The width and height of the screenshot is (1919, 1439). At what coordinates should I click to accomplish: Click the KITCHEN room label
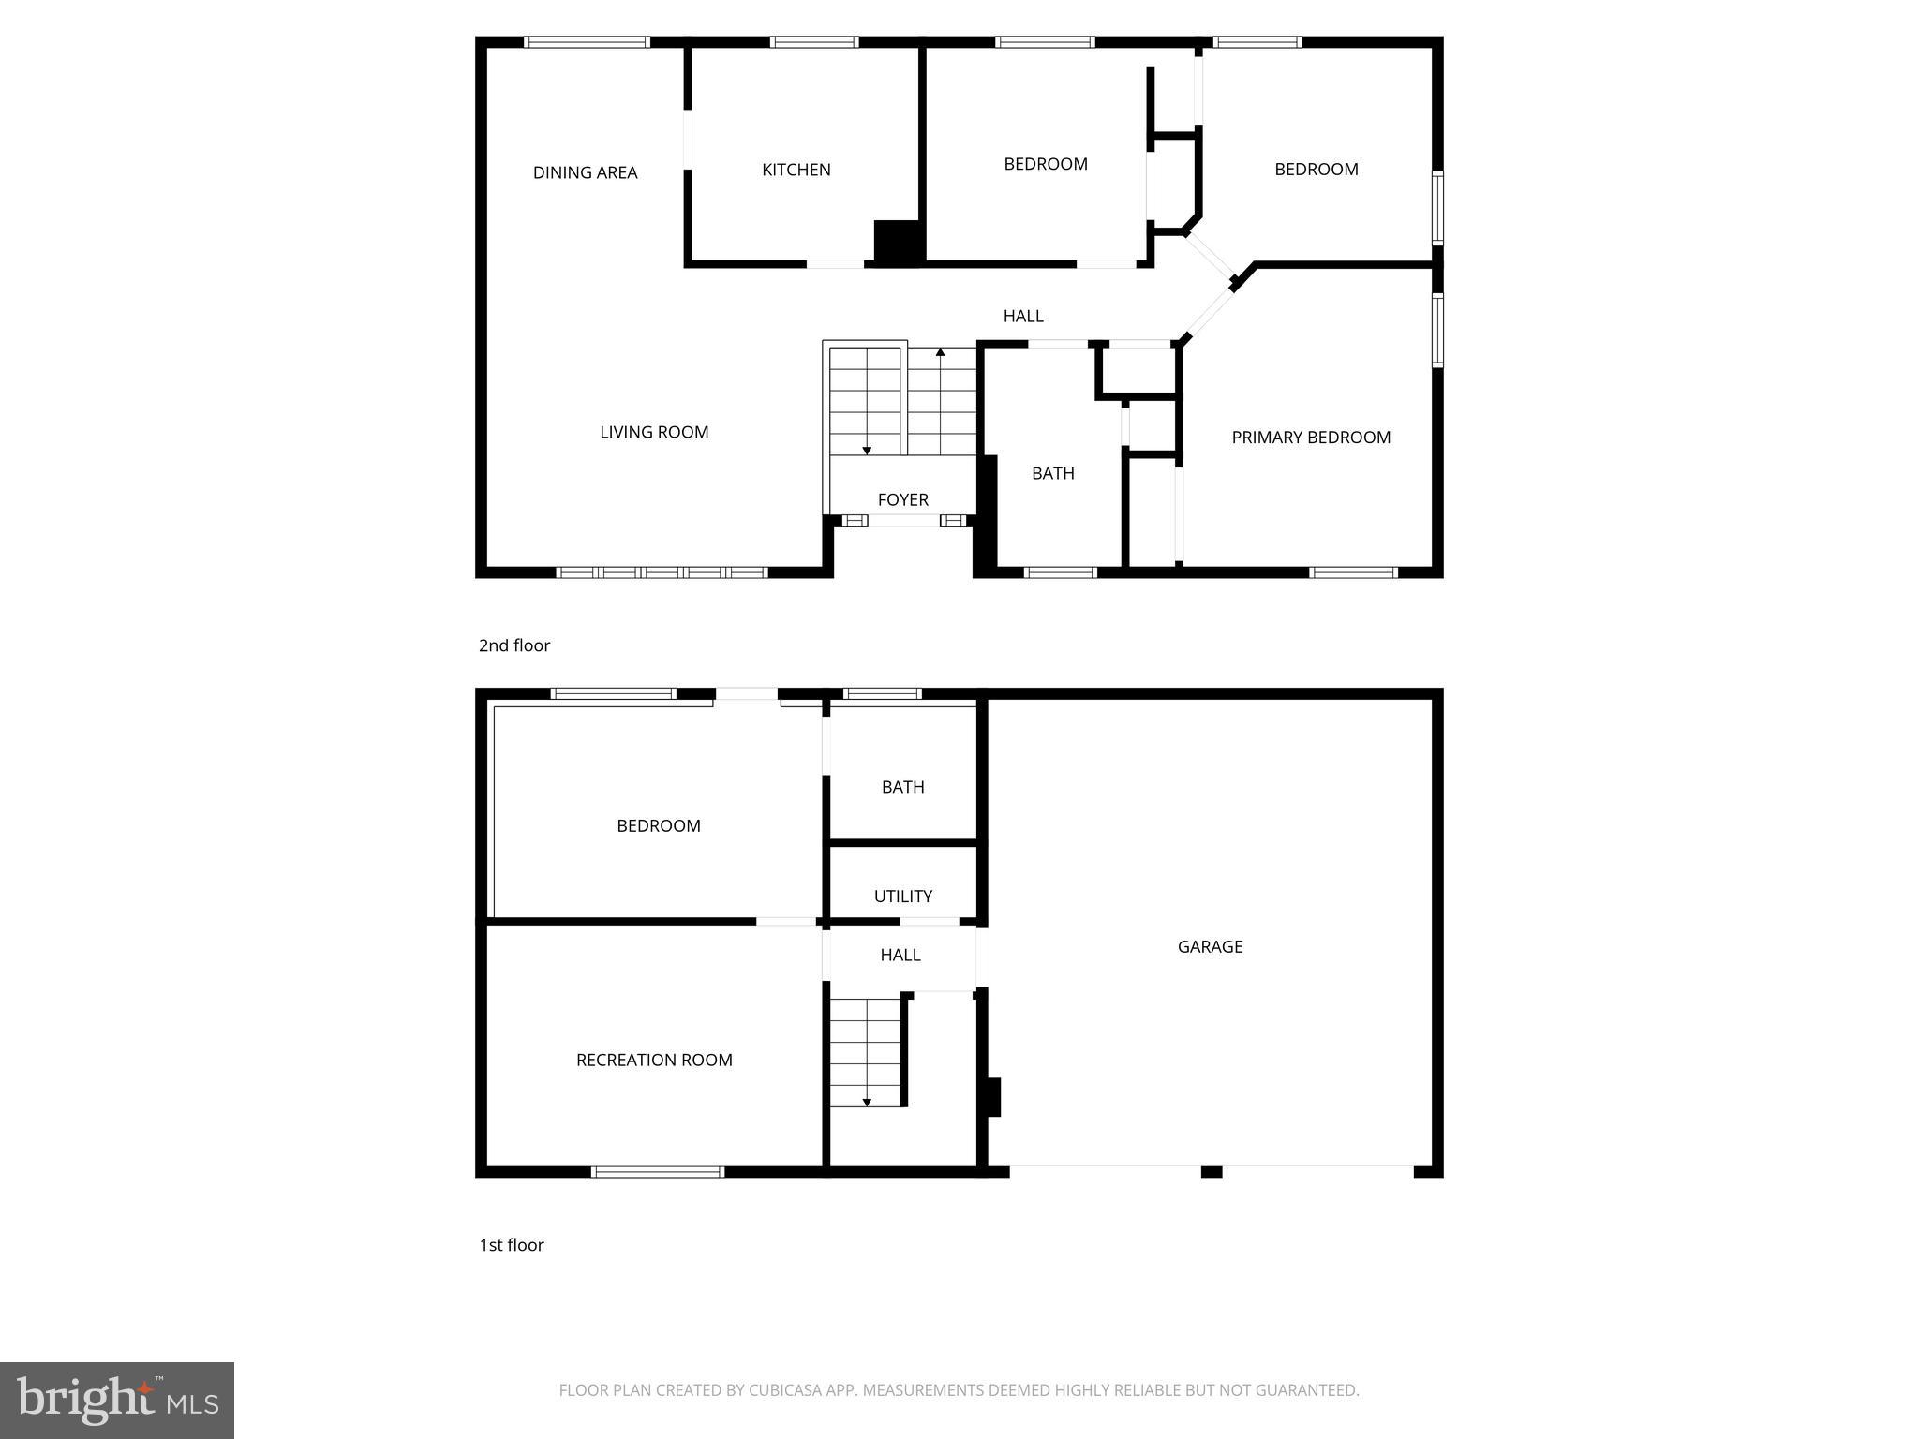click(x=796, y=170)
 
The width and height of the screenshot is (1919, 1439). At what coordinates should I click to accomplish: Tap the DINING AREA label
click(x=585, y=172)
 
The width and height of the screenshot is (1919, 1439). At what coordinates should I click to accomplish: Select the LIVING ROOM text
click(x=654, y=432)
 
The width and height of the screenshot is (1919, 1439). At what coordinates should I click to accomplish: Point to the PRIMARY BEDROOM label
click(x=1310, y=438)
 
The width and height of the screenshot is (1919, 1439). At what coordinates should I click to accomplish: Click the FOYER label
click(x=902, y=499)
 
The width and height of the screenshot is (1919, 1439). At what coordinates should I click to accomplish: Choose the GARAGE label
click(x=1210, y=946)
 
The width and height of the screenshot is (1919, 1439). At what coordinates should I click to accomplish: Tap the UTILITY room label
click(x=902, y=897)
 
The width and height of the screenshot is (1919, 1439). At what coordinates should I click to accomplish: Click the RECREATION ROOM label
click(x=654, y=1060)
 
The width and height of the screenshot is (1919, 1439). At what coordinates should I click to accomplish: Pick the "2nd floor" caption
click(x=514, y=645)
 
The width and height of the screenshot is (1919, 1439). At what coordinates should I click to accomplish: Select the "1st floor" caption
click(x=512, y=1245)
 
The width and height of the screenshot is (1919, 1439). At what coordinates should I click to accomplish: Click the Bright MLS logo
click(x=117, y=1401)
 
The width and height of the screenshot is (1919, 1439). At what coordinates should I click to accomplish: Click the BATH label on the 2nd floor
click(x=1052, y=473)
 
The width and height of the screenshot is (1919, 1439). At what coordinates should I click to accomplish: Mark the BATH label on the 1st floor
click(x=902, y=787)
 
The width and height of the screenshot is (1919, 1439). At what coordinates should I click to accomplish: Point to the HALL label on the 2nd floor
click(x=1023, y=317)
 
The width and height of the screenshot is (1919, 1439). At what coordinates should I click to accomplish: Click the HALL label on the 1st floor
click(x=900, y=955)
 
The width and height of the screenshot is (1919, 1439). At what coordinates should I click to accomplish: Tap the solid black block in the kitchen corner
click(x=899, y=242)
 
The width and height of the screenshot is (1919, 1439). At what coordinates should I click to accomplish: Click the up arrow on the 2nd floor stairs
click(x=941, y=354)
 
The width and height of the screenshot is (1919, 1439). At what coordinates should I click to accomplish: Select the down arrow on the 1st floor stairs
click(x=867, y=1102)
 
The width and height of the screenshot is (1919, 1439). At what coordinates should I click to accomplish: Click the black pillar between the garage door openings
click(x=1212, y=1172)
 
